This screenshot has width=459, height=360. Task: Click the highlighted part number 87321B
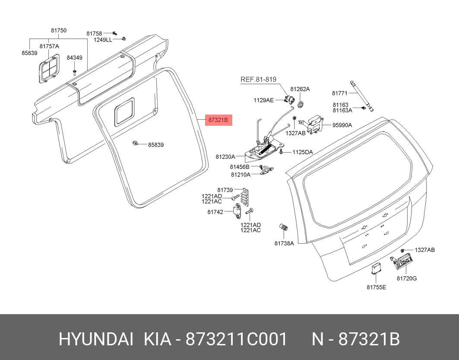[218, 120]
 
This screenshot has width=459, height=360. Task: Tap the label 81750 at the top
[59, 30]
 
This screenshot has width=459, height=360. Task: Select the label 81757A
[49, 46]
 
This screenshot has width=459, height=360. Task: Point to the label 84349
[74, 58]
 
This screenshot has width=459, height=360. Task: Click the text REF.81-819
[258, 80]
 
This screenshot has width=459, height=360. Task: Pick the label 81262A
[300, 89]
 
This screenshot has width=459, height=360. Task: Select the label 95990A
[342, 125]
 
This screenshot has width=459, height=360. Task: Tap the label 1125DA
[303, 152]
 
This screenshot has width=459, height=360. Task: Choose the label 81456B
[240, 167]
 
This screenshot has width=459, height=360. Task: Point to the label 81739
[225, 190]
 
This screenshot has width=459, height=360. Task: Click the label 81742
[215, 212]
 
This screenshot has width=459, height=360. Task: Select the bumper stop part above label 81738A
[284, 227]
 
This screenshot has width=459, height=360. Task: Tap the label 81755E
[377, 287]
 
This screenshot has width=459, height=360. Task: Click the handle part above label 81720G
[401, 262]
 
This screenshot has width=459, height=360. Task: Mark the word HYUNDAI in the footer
[96, 340]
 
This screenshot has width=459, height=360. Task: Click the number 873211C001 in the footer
[237, 340]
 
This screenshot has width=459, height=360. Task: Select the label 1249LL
[103, 40]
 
